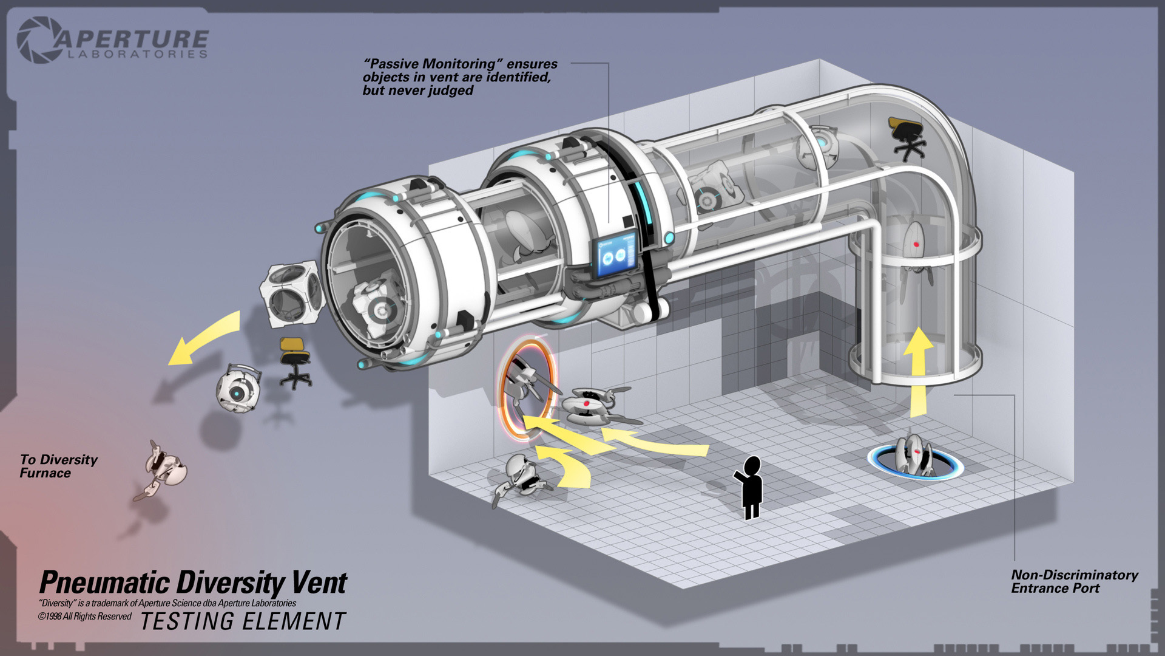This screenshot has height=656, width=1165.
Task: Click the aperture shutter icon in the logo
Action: point(38,40)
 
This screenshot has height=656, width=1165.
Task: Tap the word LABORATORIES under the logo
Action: point(137,55)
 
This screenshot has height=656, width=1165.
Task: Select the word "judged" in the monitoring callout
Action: point(448,91)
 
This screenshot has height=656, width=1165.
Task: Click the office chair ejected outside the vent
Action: point(294,363)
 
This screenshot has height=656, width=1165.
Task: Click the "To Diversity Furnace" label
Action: point(58,466)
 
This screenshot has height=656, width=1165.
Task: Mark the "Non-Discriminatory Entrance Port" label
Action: point(1074,581)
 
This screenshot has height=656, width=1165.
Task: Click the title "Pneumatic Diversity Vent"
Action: point(193,583)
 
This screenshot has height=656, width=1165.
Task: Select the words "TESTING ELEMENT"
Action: point(243,622)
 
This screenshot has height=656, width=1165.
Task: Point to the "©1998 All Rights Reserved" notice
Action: point(85,617)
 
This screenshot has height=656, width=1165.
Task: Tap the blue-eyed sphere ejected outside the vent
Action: point(238,388)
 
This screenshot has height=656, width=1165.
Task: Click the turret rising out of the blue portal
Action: point(912,454)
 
